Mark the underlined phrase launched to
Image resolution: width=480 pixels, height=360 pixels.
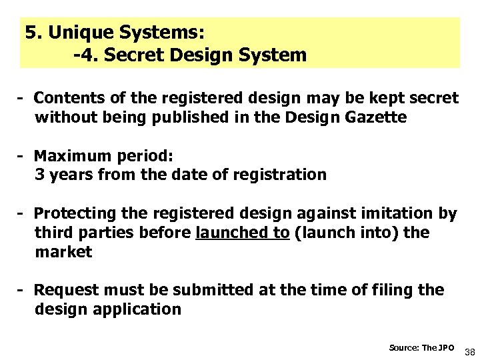point(243,233)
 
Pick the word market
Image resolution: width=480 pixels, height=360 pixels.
point(63,252)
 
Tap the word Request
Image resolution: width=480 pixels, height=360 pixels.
point(67,290)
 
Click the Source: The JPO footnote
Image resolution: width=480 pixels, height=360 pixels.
point(421,347)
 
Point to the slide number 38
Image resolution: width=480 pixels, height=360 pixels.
point(469,351)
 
